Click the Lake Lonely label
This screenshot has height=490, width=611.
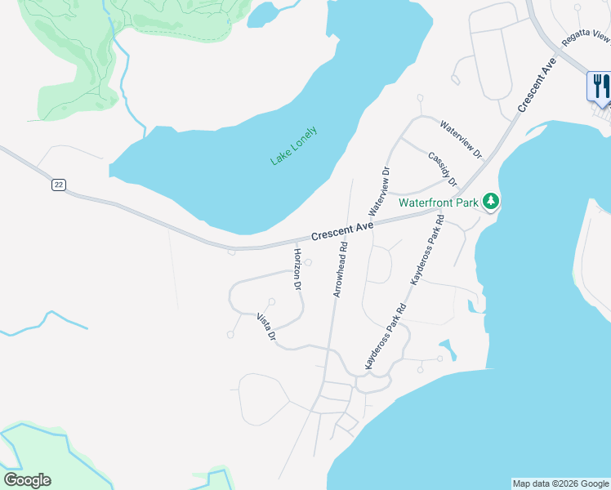click(293, 146)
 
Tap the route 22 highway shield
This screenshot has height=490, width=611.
click(58, 185)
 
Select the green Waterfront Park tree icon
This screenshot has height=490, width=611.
click(490, 201)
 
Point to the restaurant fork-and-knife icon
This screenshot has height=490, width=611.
click(600, 86)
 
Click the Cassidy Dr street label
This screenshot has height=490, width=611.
click(442, 168)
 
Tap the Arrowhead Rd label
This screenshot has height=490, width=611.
click(339, 269)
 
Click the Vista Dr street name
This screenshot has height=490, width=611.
click(267, 327)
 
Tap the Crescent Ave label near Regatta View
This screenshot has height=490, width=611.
click(537, 85)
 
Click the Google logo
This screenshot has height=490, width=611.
click(27, 480)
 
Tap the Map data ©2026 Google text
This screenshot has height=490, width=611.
click(560, 483)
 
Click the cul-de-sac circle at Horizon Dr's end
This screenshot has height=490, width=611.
click(308, 262)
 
